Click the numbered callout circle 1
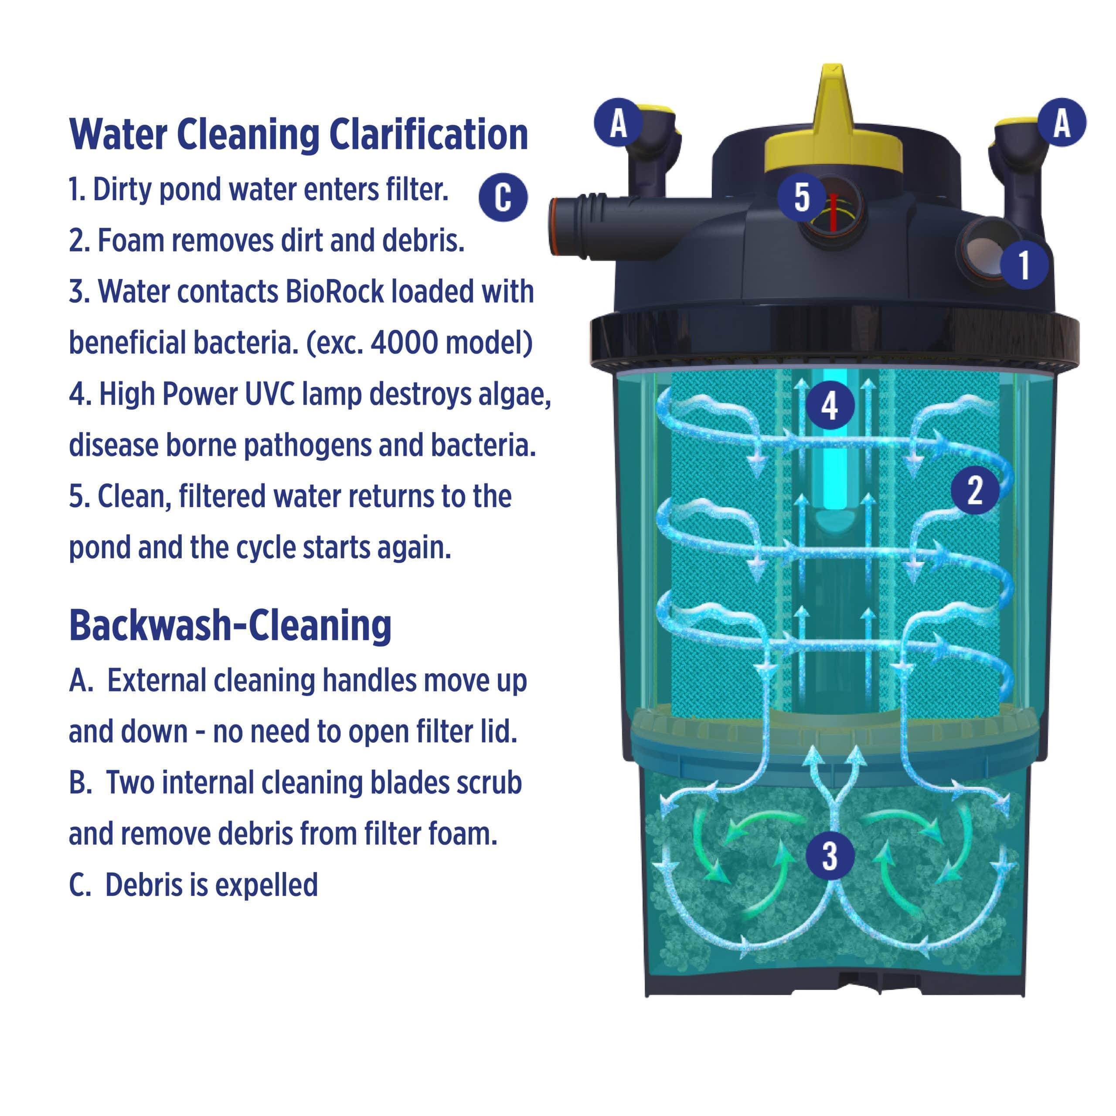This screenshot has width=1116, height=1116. coord(1024,265)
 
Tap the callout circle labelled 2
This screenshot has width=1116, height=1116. coord(975,490)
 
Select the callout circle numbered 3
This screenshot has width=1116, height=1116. coord(830,855)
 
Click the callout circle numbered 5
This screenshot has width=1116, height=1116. coord(801,197)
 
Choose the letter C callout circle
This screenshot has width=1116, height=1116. coord(503,197)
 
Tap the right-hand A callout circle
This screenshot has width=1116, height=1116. coord(1062,122)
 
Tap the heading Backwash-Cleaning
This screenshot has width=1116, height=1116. coord(230,626)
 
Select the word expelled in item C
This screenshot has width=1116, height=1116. coord(269,885)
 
